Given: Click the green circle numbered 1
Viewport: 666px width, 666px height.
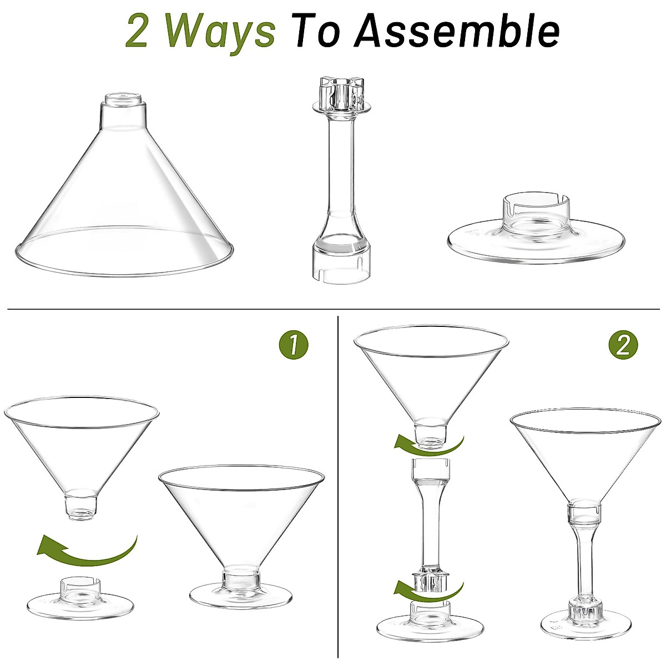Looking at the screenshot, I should click(x=293, y=345).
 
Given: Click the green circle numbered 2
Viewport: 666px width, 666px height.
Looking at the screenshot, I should click(x=623, y=345).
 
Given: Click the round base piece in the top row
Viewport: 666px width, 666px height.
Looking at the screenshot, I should click(x=536, y=233).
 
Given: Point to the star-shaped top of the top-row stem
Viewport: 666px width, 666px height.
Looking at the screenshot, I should click(x=339, y=94).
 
